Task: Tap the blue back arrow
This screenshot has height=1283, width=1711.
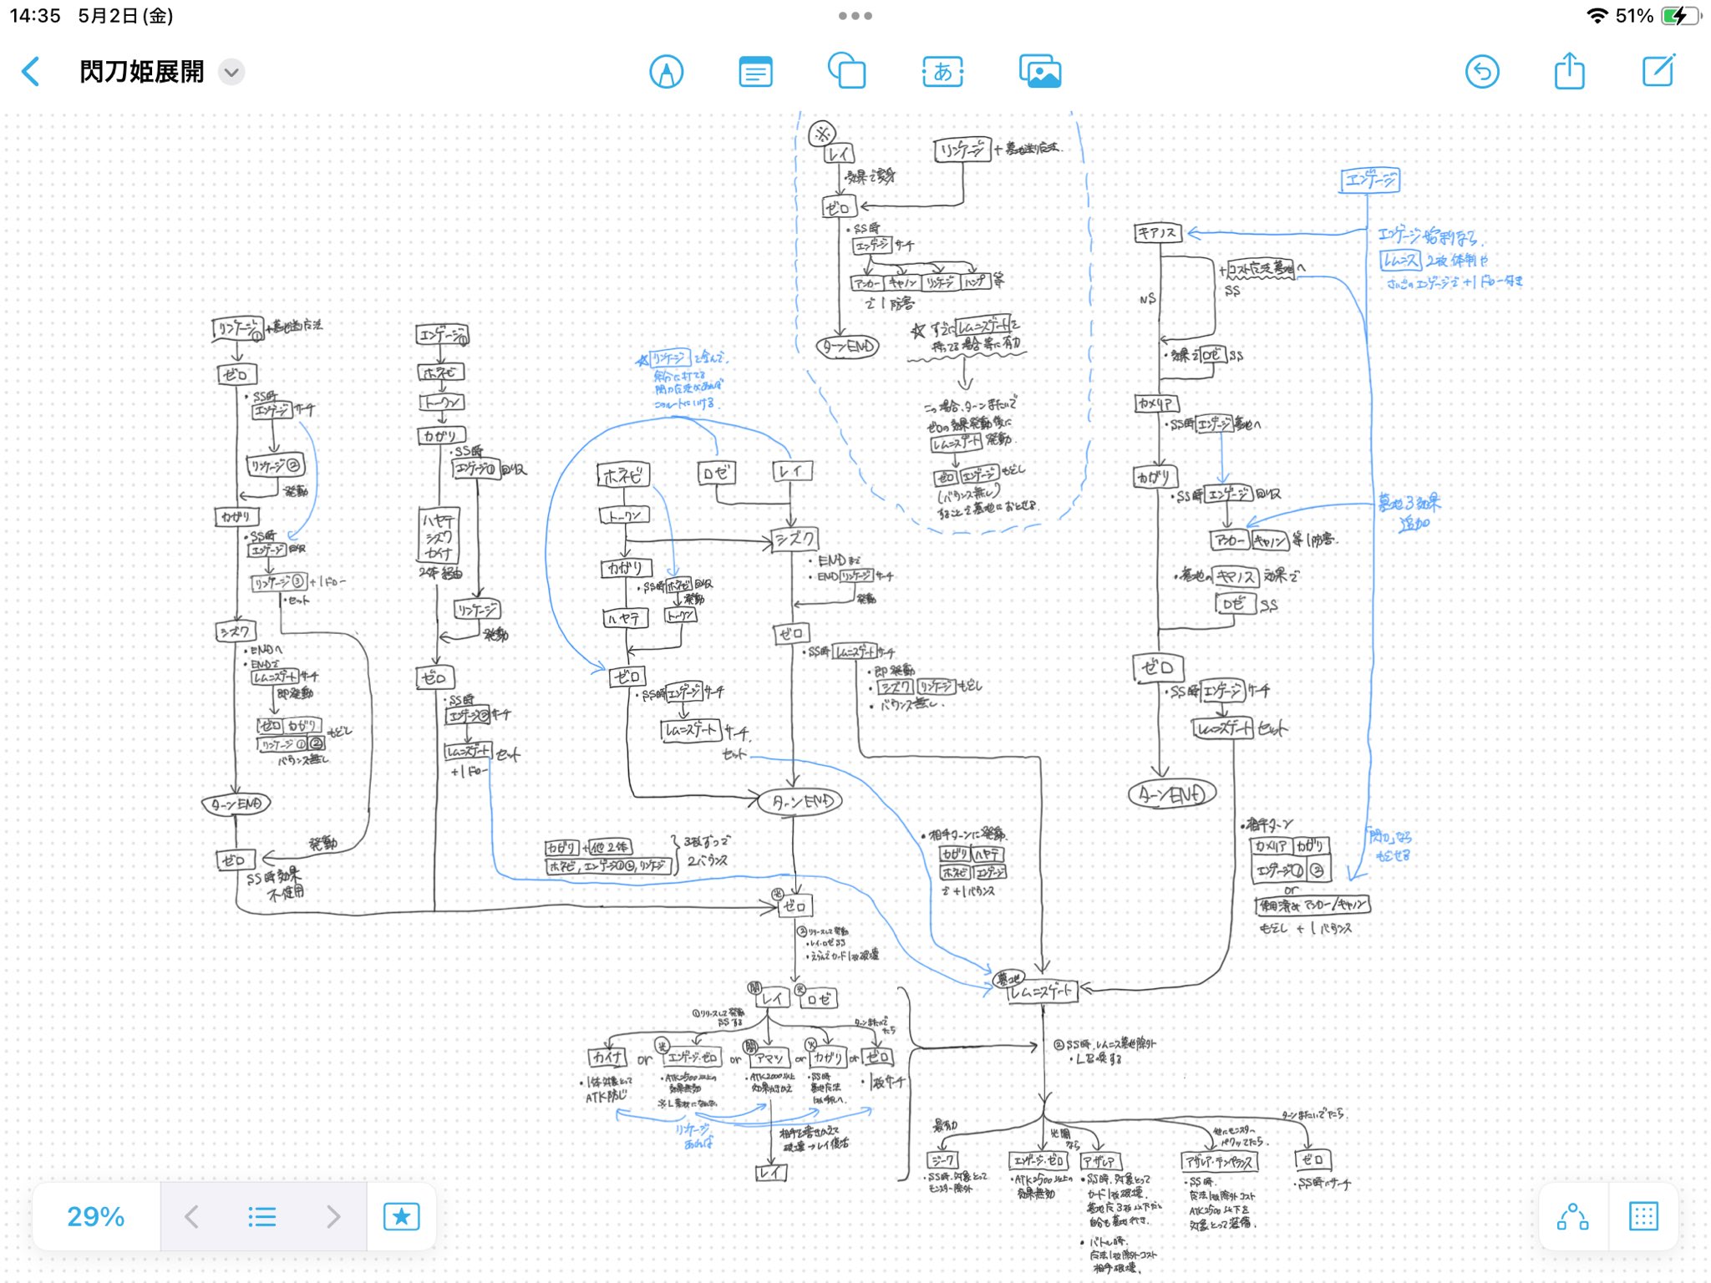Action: (x=31, y=72)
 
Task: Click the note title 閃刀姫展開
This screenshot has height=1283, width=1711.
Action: (x=141, y=73)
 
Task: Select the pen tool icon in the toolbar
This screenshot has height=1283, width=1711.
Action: (x=666, y=73)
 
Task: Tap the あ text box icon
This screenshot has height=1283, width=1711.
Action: (x=942, y=73)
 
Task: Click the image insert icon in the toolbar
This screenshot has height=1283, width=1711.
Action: (x=1039, y=73)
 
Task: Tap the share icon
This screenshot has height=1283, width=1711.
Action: (x=1569, y=72)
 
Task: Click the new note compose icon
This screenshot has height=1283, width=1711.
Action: (x=1658, y=72)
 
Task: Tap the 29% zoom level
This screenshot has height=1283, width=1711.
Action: (x=96, y=1216)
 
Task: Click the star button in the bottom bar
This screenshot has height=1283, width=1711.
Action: (x=401, y=1216)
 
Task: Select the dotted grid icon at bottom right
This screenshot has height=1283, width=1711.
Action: (x=1642, y=1216)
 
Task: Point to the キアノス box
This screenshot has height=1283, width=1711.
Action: (x=1157, y=233)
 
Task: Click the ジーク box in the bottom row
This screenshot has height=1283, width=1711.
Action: (x=942, y=1160)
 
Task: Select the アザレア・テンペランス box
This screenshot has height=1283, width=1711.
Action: (x=1220, y=1162)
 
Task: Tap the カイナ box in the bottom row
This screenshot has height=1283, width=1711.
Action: (x=607, y=1057)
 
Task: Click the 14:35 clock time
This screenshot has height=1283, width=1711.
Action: (x=35, y=16)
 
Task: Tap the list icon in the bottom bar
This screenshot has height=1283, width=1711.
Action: (x=262, y=1216)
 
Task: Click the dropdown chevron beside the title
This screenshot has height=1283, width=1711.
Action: (x=231, y=73)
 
